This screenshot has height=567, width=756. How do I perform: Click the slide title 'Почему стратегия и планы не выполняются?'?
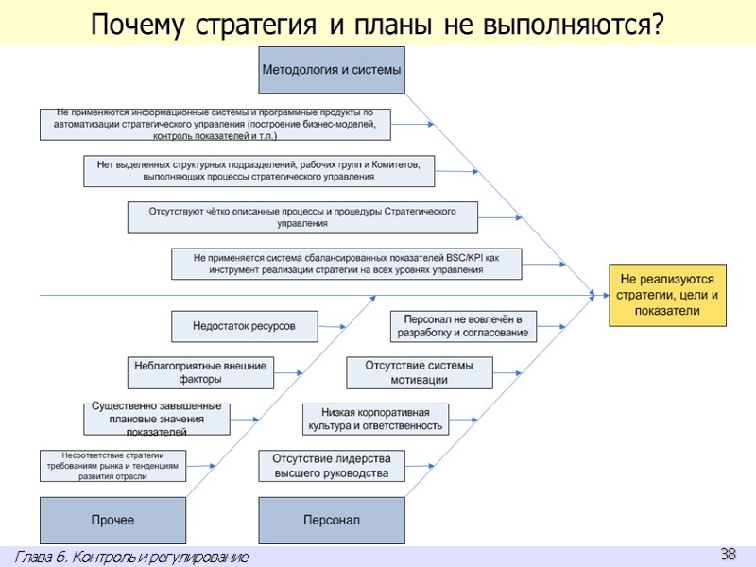377,25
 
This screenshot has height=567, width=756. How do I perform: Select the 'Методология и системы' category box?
331,70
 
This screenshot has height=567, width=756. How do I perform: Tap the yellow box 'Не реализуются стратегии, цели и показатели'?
667,295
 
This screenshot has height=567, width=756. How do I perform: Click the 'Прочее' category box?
112,520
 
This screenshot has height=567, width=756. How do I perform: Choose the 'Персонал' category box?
331,520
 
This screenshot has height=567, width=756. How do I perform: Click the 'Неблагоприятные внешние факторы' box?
200,372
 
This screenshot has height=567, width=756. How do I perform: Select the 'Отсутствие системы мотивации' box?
420,372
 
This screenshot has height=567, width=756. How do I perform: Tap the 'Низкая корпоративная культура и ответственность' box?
375,419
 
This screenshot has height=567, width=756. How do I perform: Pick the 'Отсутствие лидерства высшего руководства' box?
332,466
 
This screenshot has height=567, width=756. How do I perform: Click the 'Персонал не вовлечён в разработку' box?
463,326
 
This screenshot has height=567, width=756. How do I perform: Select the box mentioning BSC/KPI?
346,264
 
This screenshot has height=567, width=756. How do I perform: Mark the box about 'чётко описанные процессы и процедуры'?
302,217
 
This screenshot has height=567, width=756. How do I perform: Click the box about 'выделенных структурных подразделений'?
259,171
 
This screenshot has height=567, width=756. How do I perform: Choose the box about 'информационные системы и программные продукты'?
215,125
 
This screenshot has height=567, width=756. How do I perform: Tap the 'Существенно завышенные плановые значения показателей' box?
156,419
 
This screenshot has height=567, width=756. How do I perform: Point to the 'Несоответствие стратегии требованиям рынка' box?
112,466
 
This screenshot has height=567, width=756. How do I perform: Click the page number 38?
728,555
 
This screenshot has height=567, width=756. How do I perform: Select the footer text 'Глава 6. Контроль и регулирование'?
132,558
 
